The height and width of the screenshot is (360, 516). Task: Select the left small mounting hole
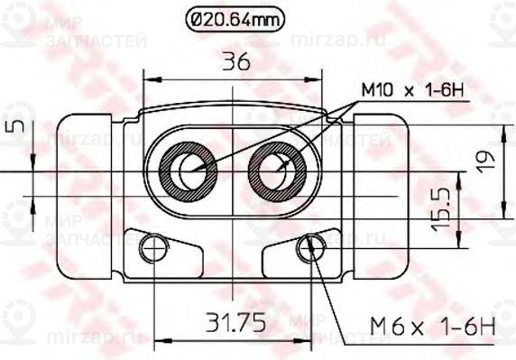[154, 247]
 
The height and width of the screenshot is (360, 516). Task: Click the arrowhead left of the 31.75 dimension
[160, 340]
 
